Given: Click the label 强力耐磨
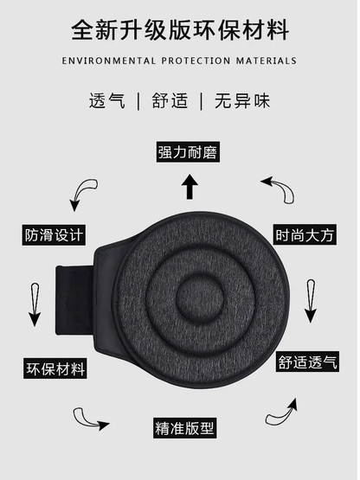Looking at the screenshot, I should [187, 152].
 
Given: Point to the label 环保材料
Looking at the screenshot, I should [55, 369].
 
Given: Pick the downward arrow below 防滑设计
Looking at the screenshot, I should [35, 302].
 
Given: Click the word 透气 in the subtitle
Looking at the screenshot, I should [106, 99].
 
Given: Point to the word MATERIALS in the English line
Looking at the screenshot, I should [267, 61].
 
